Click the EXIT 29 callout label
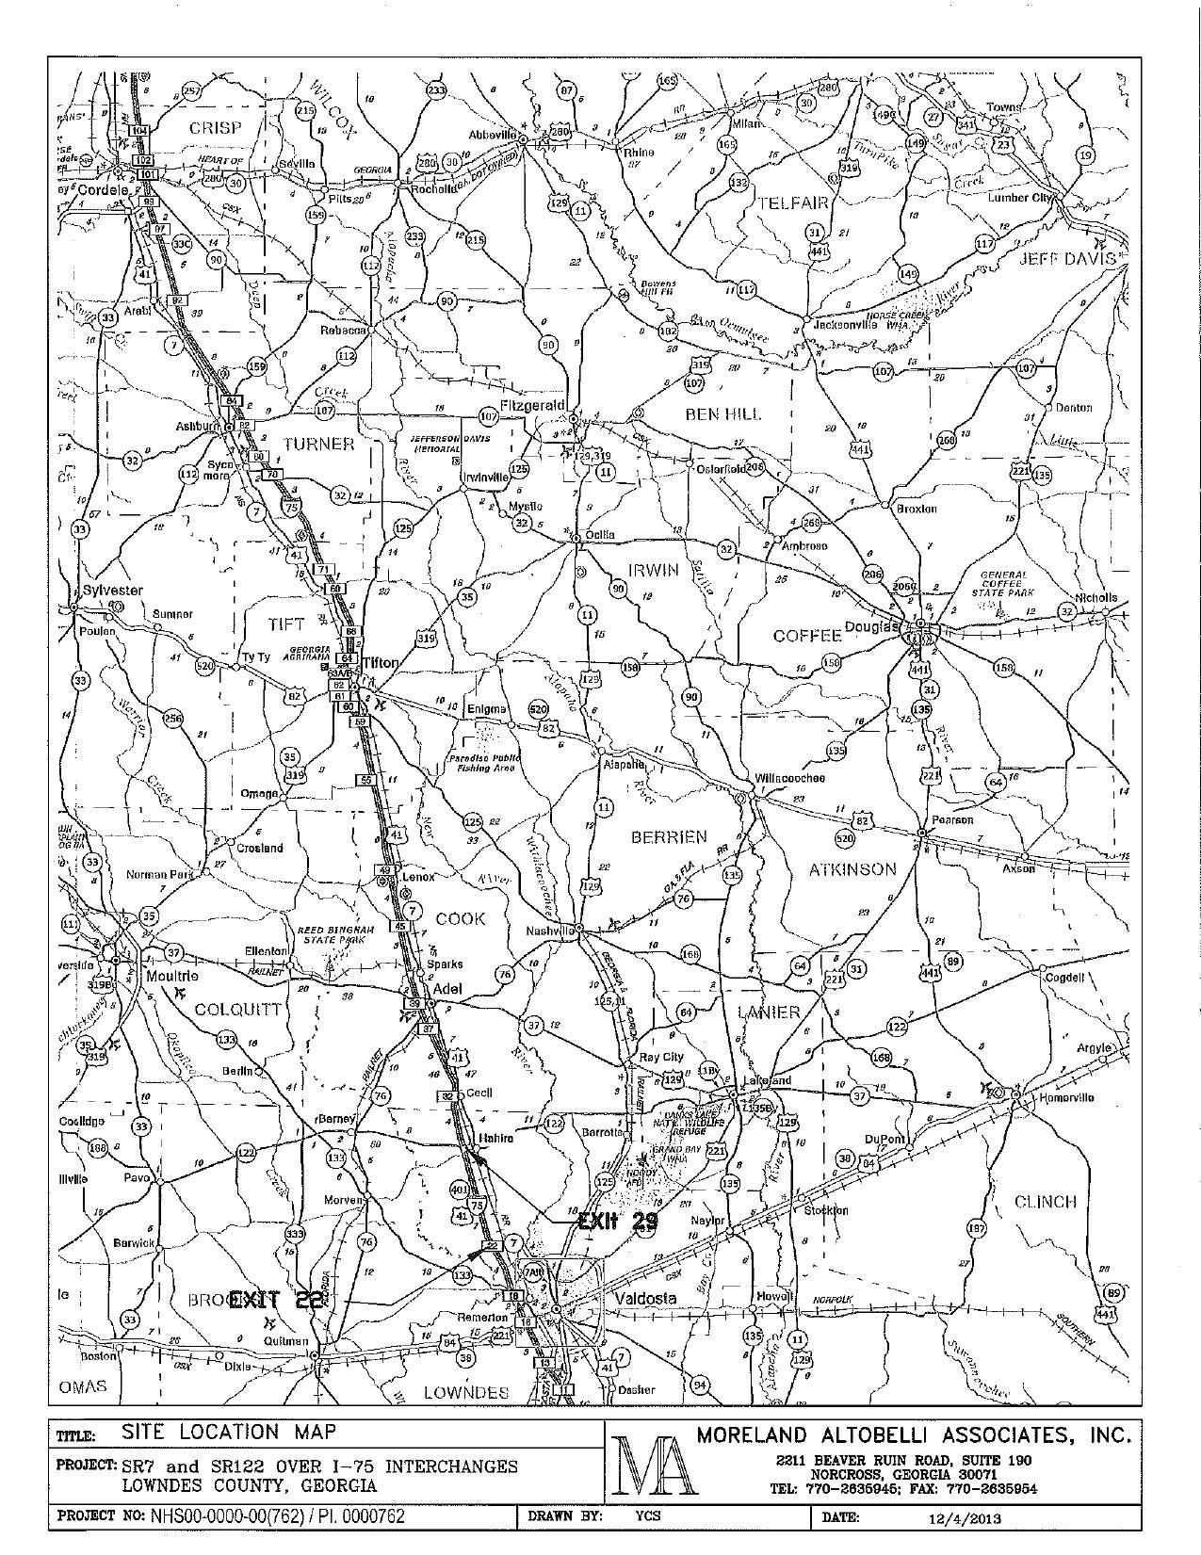point(617,1222)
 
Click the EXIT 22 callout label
point(277,1300)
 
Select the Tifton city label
point(381,662)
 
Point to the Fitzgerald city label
point(532,405)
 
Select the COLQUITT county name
point(237,1010)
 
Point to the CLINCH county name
point(1045,1201)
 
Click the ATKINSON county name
point(852,868)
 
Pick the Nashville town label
point(550,931)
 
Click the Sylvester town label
point(112,591)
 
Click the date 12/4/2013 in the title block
point(963,1518)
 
